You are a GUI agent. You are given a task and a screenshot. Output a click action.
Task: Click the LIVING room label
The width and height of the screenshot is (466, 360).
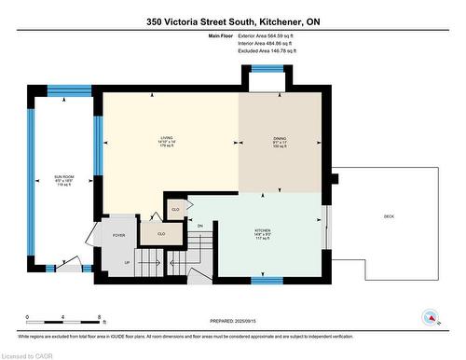(x=167, y=143)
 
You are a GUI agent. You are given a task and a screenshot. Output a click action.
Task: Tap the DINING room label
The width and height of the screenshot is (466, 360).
(x=280, y=143)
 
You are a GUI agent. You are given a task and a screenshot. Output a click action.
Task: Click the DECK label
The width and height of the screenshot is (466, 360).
(x=389, y=216)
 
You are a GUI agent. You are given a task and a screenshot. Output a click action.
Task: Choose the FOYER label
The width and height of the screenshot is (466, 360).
(x=119, y=235)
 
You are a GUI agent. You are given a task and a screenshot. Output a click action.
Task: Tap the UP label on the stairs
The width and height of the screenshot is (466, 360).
(x=127, y=263)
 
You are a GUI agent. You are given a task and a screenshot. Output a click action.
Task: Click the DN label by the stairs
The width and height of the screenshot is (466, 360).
(x=199, y=226)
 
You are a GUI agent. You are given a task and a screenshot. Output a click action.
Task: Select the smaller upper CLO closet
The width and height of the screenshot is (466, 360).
(x=174, y=208)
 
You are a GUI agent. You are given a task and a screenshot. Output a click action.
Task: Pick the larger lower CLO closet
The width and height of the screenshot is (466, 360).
(x=161, y=234)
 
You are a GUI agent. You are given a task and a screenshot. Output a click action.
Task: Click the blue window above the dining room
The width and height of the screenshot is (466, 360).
(x=267, y=70)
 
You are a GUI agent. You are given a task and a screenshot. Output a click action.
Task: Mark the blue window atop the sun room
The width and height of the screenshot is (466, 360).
(x=67, y=90)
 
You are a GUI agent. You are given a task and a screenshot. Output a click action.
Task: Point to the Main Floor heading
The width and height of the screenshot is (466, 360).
(x=221, y=35)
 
